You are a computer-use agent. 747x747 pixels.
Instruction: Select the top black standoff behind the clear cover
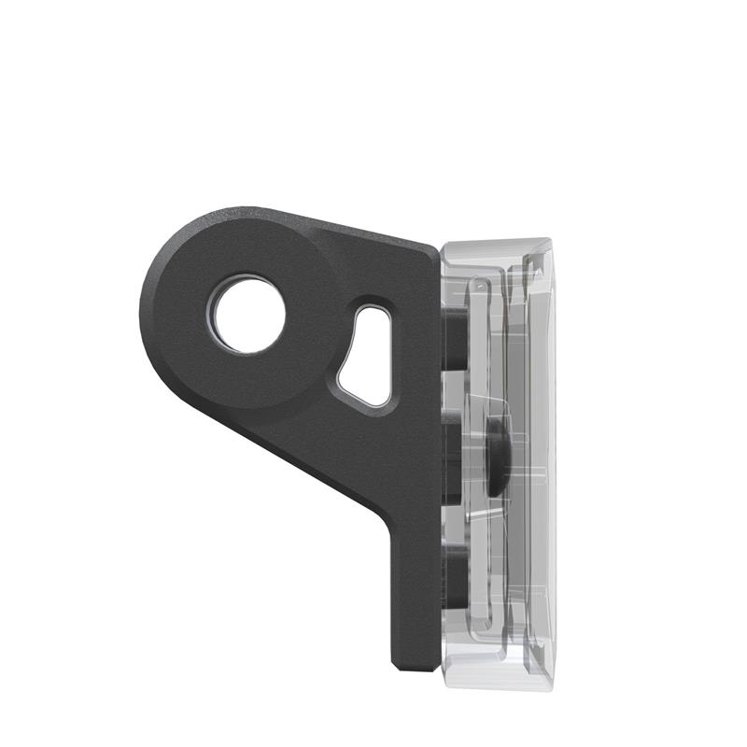(x=455, y=336)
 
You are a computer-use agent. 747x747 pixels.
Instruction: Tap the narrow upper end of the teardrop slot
(x=374, y=312)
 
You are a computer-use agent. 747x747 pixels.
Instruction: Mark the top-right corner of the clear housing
(x=549, y=245)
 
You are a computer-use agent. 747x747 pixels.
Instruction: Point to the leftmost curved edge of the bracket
(x=142, y=308)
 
